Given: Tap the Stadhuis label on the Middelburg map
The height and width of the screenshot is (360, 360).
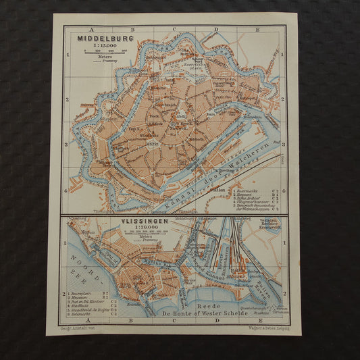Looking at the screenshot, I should pos(149,134).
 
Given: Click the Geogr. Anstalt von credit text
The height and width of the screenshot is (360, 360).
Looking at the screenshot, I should pos(82,328).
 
